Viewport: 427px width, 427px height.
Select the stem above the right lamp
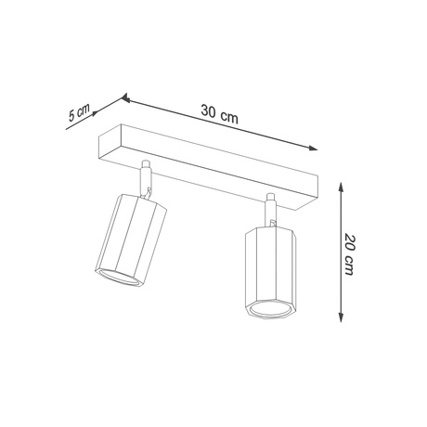[x=269, y=209]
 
